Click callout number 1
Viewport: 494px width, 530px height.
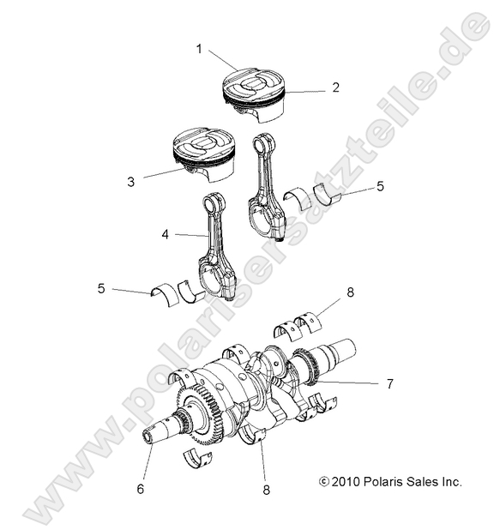199,49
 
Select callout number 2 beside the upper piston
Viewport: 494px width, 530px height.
335,87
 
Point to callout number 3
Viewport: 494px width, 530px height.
130,182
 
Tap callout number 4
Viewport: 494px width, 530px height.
166,232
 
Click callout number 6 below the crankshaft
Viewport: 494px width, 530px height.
140,488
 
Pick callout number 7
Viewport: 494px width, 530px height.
389,383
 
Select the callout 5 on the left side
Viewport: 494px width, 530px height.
101,289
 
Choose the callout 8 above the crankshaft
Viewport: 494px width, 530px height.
350,292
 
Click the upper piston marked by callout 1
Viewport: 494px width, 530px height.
254,93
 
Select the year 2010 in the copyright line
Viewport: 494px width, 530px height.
346,482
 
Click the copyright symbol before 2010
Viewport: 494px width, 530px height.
324,482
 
